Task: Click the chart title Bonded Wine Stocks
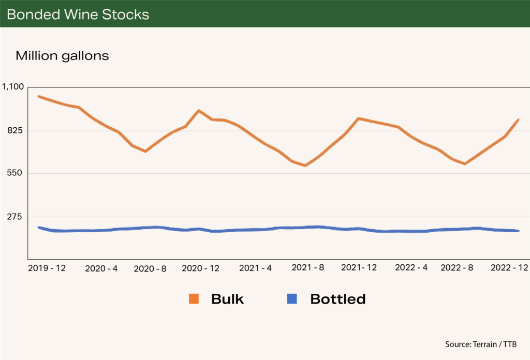(78, 14)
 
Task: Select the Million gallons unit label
(62, 56)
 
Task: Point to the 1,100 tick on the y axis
(13, 87)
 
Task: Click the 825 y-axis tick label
(17, 130)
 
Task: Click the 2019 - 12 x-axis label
(47, 268)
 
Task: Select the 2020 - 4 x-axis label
(101, 268)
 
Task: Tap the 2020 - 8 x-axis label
(150, 268)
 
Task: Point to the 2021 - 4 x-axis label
(255, 268)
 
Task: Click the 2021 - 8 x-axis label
(308, 268)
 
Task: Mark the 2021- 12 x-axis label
(358, 268)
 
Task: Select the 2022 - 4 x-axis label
(411, 268)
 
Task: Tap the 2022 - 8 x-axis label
(458, 268)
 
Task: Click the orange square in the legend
(194, 298)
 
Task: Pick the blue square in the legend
(292, 298)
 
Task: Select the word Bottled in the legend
(338, 298)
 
